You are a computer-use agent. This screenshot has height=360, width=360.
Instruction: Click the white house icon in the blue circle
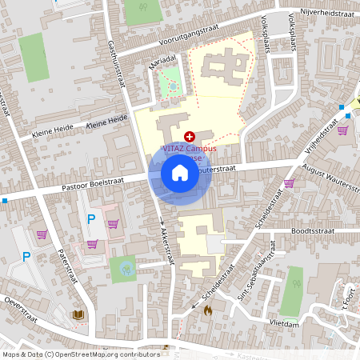[180, 173]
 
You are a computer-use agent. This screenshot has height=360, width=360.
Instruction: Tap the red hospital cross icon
[189, 138]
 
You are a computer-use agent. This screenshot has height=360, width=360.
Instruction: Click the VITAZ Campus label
[194, 149]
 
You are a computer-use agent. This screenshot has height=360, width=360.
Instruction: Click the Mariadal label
[162, 58]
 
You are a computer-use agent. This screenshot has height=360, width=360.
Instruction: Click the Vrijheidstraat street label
[318, 142]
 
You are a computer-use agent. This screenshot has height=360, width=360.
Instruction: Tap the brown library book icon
[78, 315]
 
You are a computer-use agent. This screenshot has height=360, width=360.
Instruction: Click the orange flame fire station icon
[208, 310]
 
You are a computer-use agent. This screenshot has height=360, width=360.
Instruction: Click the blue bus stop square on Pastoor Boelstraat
[4, 200]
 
